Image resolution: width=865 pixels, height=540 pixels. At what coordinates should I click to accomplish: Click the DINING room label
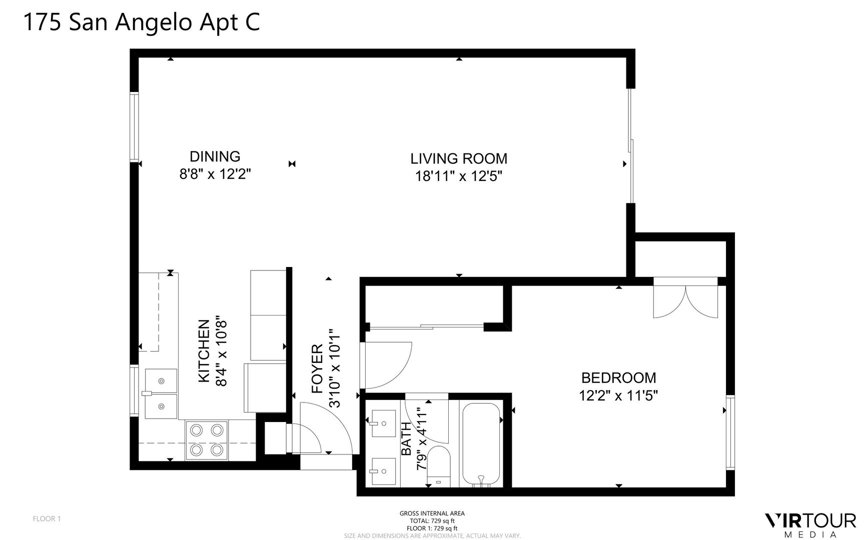(215, 156)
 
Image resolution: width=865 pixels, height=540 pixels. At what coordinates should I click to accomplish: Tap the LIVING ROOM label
(459, 158)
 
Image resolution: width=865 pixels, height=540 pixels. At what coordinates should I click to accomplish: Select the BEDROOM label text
(618, 377)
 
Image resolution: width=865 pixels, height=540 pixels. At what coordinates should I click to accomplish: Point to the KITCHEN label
(204, 351)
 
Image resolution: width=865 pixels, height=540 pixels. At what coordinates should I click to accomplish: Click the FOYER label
(317, 368)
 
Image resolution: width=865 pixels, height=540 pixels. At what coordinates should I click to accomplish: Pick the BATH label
(406, 438)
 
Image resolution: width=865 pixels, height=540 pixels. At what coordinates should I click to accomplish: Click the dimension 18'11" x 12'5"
(459, 176)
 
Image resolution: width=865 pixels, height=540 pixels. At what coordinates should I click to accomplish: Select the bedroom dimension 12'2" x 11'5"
(618, 395)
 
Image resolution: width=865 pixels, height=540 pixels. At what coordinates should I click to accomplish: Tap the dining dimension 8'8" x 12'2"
(215, 174)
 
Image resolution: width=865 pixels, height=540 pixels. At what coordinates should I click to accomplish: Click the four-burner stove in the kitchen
(207, 440)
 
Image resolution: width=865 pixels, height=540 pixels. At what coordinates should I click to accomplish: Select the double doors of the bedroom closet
(685, 301)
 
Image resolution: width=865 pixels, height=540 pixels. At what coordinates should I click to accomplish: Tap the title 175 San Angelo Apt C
(142, 23)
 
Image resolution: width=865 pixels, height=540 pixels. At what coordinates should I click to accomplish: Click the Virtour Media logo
(810, 525)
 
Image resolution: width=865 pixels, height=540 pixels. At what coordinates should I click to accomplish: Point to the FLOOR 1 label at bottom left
(47, 518)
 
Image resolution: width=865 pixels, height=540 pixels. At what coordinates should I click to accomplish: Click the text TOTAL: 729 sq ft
(432, 520)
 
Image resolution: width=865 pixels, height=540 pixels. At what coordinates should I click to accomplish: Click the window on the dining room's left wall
(134, 127)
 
